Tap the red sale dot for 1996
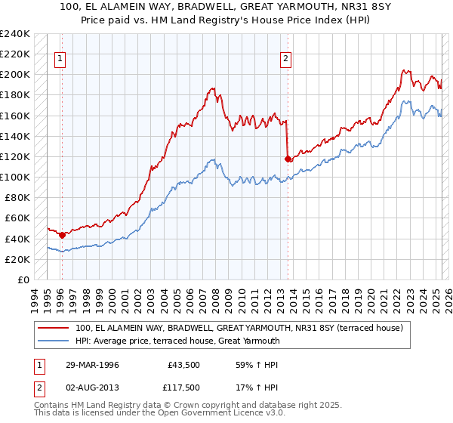62,235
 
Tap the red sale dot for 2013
288,159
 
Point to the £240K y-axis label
15,34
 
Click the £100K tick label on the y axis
15,177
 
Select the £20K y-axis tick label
17,259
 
